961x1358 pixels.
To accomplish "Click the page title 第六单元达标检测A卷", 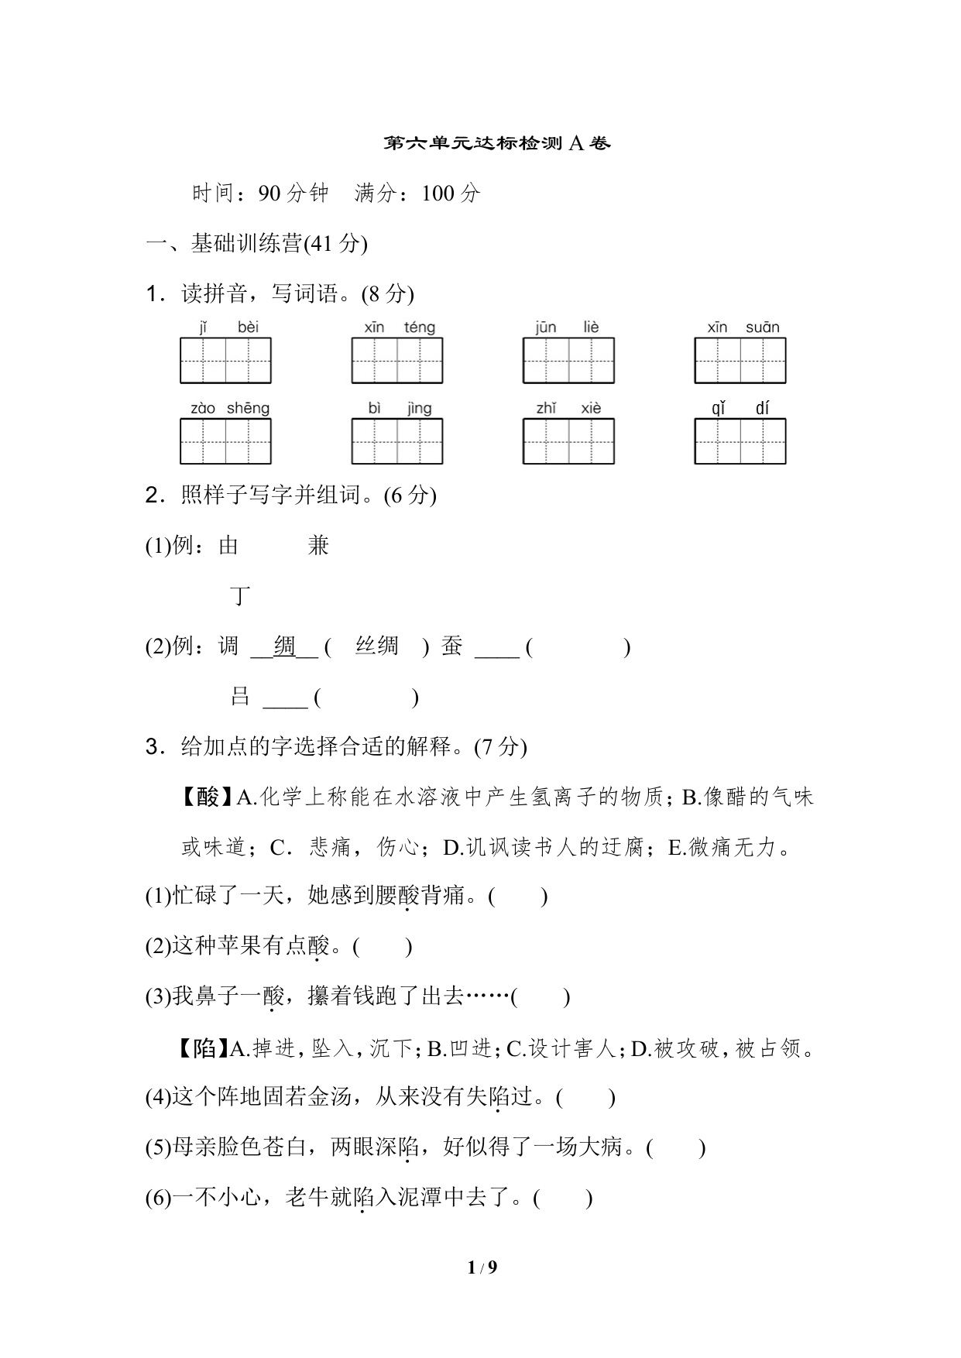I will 497,143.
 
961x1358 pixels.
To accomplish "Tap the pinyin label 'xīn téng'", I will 400,327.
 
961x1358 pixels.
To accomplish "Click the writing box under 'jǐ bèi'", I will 225,361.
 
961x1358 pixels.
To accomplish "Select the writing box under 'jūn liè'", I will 568,361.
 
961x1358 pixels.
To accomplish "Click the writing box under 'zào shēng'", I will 225,441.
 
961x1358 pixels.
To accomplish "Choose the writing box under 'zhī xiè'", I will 568,441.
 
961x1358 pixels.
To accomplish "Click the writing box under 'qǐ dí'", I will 740,441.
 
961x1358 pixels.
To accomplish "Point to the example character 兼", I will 318,547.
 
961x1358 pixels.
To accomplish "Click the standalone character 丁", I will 241,597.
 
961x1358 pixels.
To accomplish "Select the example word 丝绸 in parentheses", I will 376,646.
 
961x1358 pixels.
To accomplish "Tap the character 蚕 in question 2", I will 451,646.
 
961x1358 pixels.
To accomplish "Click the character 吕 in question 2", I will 240,697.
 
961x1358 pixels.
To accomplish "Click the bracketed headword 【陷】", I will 204,1049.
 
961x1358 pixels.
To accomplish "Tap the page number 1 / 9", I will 482,1267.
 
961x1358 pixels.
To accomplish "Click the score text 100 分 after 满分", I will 451,194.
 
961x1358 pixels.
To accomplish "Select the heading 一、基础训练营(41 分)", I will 256,244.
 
